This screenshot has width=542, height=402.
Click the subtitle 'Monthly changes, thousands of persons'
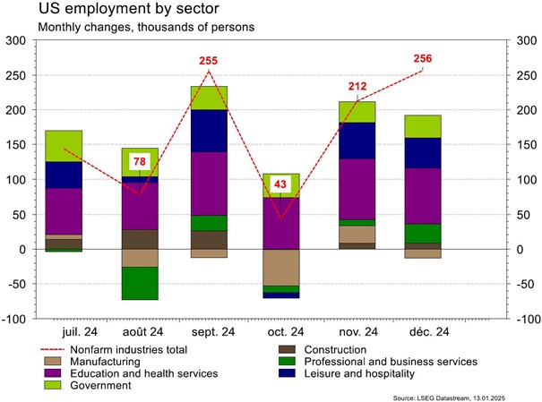point(146,27)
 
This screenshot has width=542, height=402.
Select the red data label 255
point(208,62)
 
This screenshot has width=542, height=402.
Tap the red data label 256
point(423,59)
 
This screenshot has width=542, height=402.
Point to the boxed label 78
point(140,162)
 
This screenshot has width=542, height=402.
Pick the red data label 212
point(357,87)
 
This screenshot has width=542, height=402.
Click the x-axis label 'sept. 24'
point(209,331)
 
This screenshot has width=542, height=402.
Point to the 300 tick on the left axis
point(17,41)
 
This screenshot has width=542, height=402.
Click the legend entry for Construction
point(335,349)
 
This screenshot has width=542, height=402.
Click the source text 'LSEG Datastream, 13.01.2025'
point(470,395)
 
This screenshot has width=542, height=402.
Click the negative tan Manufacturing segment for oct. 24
point(282,267)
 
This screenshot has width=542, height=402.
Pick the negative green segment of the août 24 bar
point(140,283)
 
